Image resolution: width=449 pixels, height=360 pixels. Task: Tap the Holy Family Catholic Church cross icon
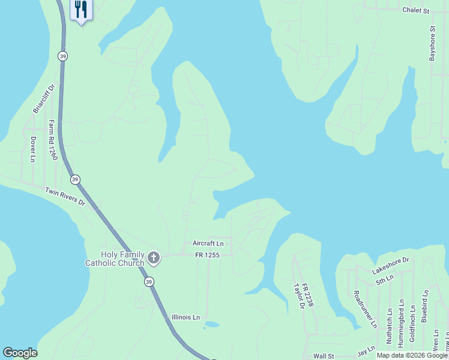(154, 259)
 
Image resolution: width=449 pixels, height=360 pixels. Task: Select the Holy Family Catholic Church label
(115, 259)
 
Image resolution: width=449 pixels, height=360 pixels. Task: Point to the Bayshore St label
(432, 43)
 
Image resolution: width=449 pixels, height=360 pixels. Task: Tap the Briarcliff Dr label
(43, 98)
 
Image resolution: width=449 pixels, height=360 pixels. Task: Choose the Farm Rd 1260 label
(53, 139)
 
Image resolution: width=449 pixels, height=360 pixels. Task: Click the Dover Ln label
(33, 149)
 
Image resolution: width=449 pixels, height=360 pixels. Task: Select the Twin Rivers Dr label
(65, 197)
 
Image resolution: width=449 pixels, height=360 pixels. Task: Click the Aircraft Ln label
(208, 244)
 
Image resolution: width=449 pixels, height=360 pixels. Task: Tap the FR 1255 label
(208, 255)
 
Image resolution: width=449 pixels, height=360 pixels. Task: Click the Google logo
(20, 353)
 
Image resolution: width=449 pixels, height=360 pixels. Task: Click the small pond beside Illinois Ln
(211, 325)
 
